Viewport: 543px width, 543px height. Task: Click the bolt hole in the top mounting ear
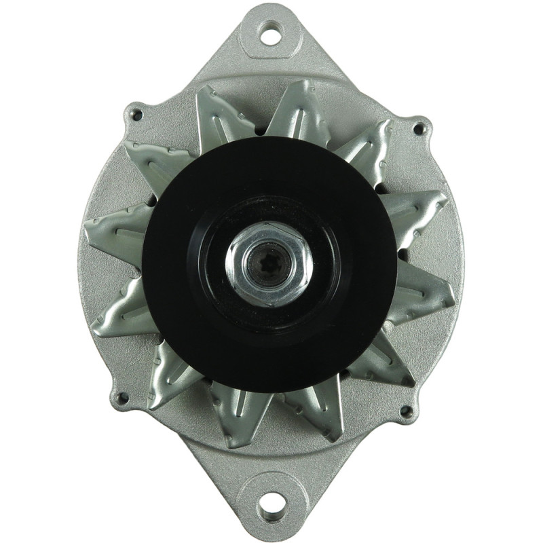(271, 32)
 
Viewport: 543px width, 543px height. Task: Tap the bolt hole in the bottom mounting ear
(271, 503)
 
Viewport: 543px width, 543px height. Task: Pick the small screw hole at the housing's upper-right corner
(419, 127)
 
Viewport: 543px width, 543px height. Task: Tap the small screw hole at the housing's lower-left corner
(123, 398)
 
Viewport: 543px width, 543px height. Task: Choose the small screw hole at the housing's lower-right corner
(407, 411)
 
